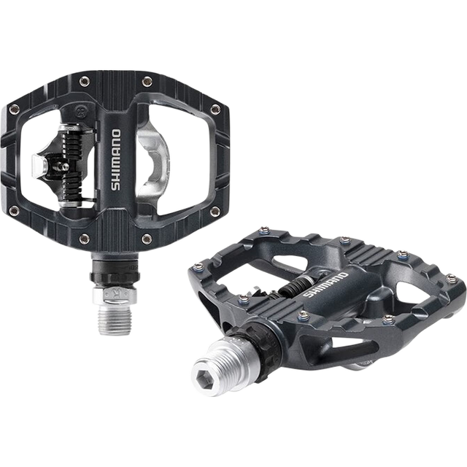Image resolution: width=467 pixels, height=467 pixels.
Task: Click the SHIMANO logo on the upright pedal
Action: point(116,160)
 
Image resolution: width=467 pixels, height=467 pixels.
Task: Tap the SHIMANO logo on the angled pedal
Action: point(325,285)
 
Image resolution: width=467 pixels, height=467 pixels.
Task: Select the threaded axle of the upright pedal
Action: point(115,320)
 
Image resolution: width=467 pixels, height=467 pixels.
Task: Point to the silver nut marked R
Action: point(115,296)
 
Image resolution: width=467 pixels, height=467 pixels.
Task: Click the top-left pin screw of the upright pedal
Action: point(85,81)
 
